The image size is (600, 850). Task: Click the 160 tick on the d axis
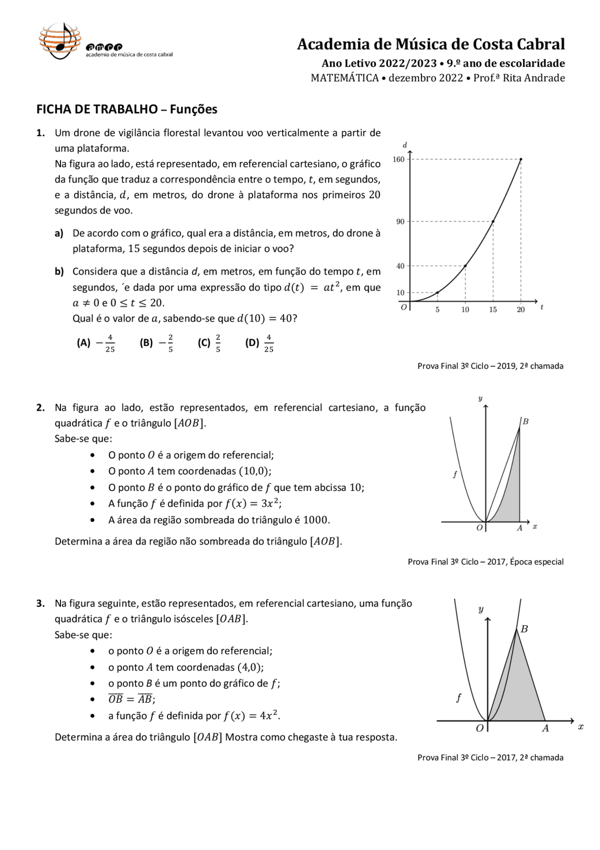(x=398, y=160)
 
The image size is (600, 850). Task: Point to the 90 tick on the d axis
(x=400, y=222)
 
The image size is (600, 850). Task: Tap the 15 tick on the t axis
(x=493, y=310)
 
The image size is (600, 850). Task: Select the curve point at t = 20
(x=521, y=160)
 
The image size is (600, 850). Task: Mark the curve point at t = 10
(x=465, y=266)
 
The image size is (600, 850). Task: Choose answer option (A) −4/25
(x=96, y=343)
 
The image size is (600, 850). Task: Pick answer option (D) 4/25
(x=259, y=343)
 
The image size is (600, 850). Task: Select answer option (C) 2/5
(x=209, y=343)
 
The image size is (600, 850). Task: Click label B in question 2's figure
(x=525, y=421)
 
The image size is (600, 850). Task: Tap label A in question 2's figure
(x=519, y=528)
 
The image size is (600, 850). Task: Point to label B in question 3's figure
(x=524, y=629)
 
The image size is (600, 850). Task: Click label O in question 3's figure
(x=480, y=728)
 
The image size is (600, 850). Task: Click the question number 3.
(x=40, y=604)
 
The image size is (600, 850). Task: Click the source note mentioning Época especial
(x=486, y=562)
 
